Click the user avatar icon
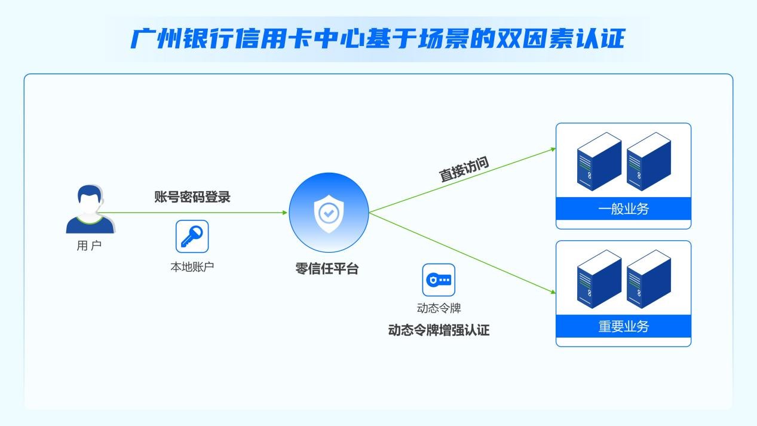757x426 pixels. (90, 209)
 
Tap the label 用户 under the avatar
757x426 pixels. (89, 246)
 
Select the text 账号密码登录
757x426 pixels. (192, 197)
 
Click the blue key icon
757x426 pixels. (192, 236)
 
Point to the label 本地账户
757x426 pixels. (192, 267)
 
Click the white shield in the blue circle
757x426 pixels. (329, 214)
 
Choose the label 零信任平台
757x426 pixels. (327, 269)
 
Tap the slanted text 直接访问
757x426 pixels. (464, 169)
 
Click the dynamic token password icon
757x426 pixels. (439, 280)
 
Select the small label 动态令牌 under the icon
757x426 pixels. (439, 308)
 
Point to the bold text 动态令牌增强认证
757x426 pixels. (439, 330)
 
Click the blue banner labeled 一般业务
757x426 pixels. (624, 209)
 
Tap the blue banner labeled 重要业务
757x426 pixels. (624, 326)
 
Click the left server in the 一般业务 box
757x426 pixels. (599, 161)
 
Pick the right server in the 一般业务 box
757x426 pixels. (648, 161)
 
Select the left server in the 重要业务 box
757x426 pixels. (599, 279)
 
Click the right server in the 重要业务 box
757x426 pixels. (648, 279)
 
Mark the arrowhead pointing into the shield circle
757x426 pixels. (285, 213)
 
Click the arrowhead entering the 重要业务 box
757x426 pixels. (553, 292)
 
